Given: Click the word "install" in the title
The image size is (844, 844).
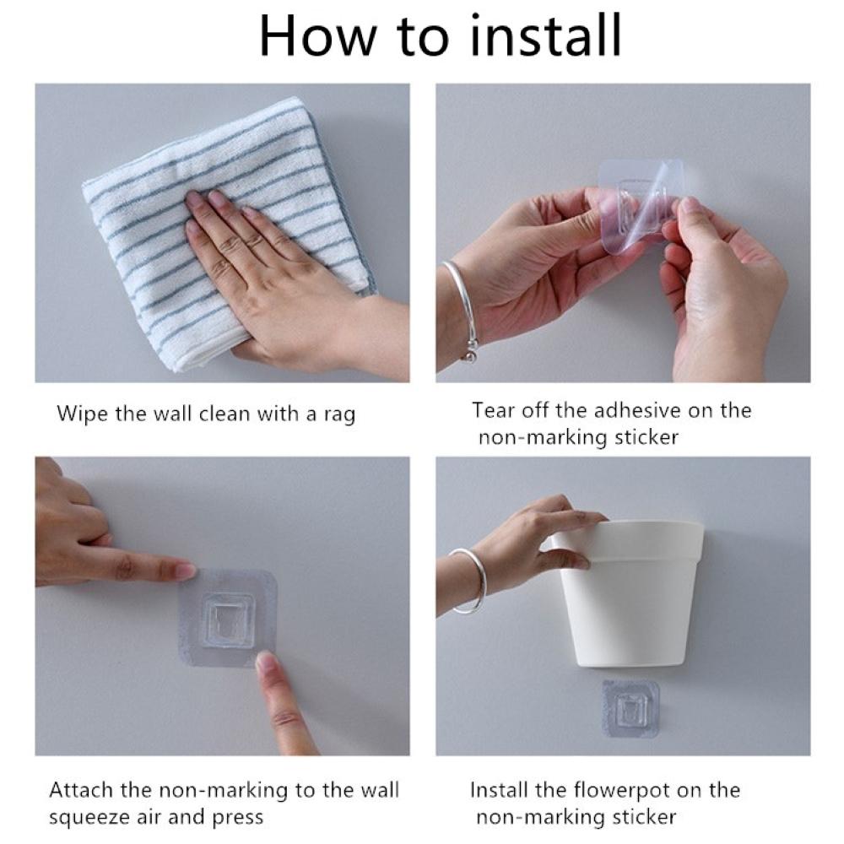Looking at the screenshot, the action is (x=546, y=35).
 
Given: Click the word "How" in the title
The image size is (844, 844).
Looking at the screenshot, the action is (x=317, y=36).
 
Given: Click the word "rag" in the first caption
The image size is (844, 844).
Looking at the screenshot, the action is (x=339, y=415).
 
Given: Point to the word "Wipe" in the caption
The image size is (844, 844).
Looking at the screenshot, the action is (x=82, y=414).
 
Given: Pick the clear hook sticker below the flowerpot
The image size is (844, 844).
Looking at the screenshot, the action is (x=630, y=708).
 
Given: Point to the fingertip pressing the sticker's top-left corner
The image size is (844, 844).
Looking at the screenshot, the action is (x=185, y=571).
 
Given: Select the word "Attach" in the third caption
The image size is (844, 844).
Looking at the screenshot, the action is (x=82, y=790).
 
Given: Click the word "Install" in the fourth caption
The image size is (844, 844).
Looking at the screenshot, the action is (x=499, y=790).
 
